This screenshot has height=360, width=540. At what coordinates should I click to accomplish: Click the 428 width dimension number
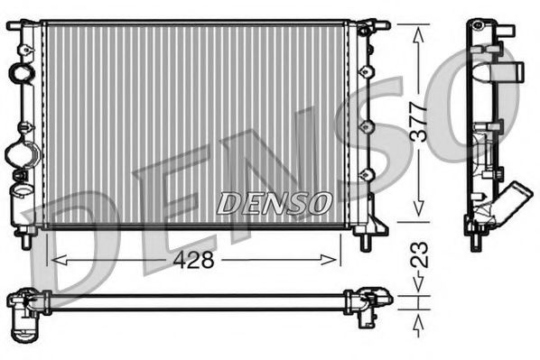coord(193,260)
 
